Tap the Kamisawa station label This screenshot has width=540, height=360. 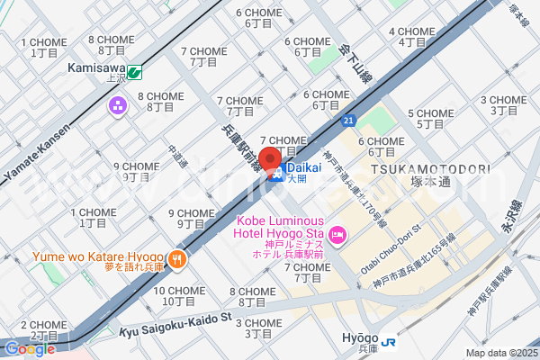click(x=95, y=67)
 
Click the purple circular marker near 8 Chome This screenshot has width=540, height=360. click(x=118, y=108)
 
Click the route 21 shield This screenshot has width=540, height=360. click(x=348, y=120)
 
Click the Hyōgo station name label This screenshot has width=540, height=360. click(x=360, y=337)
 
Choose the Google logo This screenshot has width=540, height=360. click(x=30, y=349)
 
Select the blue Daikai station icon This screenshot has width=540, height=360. click(x=279, y=175)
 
